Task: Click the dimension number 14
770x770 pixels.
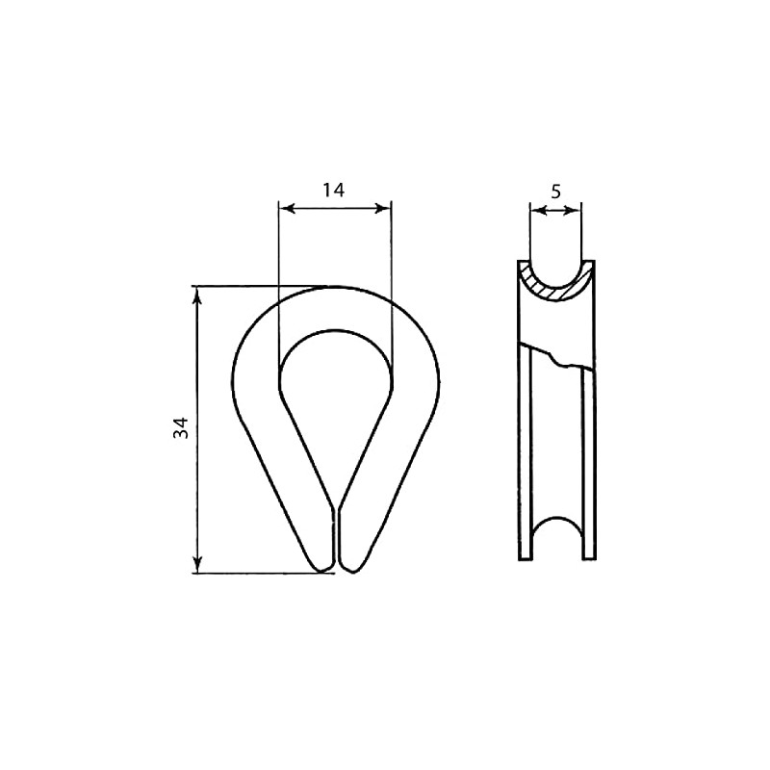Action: coord(333,190)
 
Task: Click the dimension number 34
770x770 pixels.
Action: coord(181,427)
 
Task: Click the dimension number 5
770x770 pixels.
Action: coord(555,192)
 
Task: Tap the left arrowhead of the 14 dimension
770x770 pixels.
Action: coord(287,209)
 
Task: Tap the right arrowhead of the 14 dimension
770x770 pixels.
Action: coord(383,209)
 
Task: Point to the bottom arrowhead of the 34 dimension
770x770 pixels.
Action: coord(197,564)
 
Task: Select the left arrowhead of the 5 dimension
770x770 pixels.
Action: coord(538,211)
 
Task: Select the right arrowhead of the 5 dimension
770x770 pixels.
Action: coord(573,211)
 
